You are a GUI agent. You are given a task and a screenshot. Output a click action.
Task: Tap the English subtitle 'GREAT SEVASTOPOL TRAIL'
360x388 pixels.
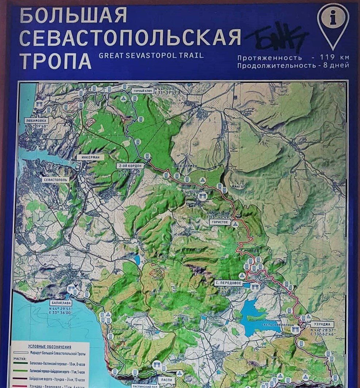coord(151,56)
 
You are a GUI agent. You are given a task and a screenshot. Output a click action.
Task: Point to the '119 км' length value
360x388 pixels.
coord(334,58)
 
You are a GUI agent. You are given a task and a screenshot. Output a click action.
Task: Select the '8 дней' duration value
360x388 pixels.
coord(336,66)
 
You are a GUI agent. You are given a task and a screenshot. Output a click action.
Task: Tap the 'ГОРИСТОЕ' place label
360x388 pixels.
coord(220,222)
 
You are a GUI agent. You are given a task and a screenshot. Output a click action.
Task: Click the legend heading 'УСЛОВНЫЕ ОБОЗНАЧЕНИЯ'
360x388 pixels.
coord(50,347)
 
